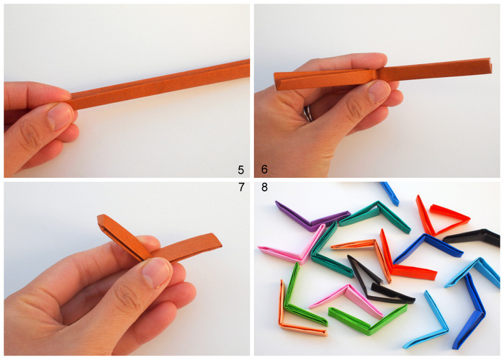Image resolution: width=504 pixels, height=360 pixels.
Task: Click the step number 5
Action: [240, 170]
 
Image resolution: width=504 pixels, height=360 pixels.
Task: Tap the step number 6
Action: [264, 170]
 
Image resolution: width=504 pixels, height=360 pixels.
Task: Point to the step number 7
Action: [240, 189]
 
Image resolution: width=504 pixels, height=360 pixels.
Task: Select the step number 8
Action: [264, 189]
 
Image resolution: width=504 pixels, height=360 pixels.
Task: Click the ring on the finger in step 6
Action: [309, 114]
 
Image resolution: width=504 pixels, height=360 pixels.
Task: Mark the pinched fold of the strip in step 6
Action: [374, 75]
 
